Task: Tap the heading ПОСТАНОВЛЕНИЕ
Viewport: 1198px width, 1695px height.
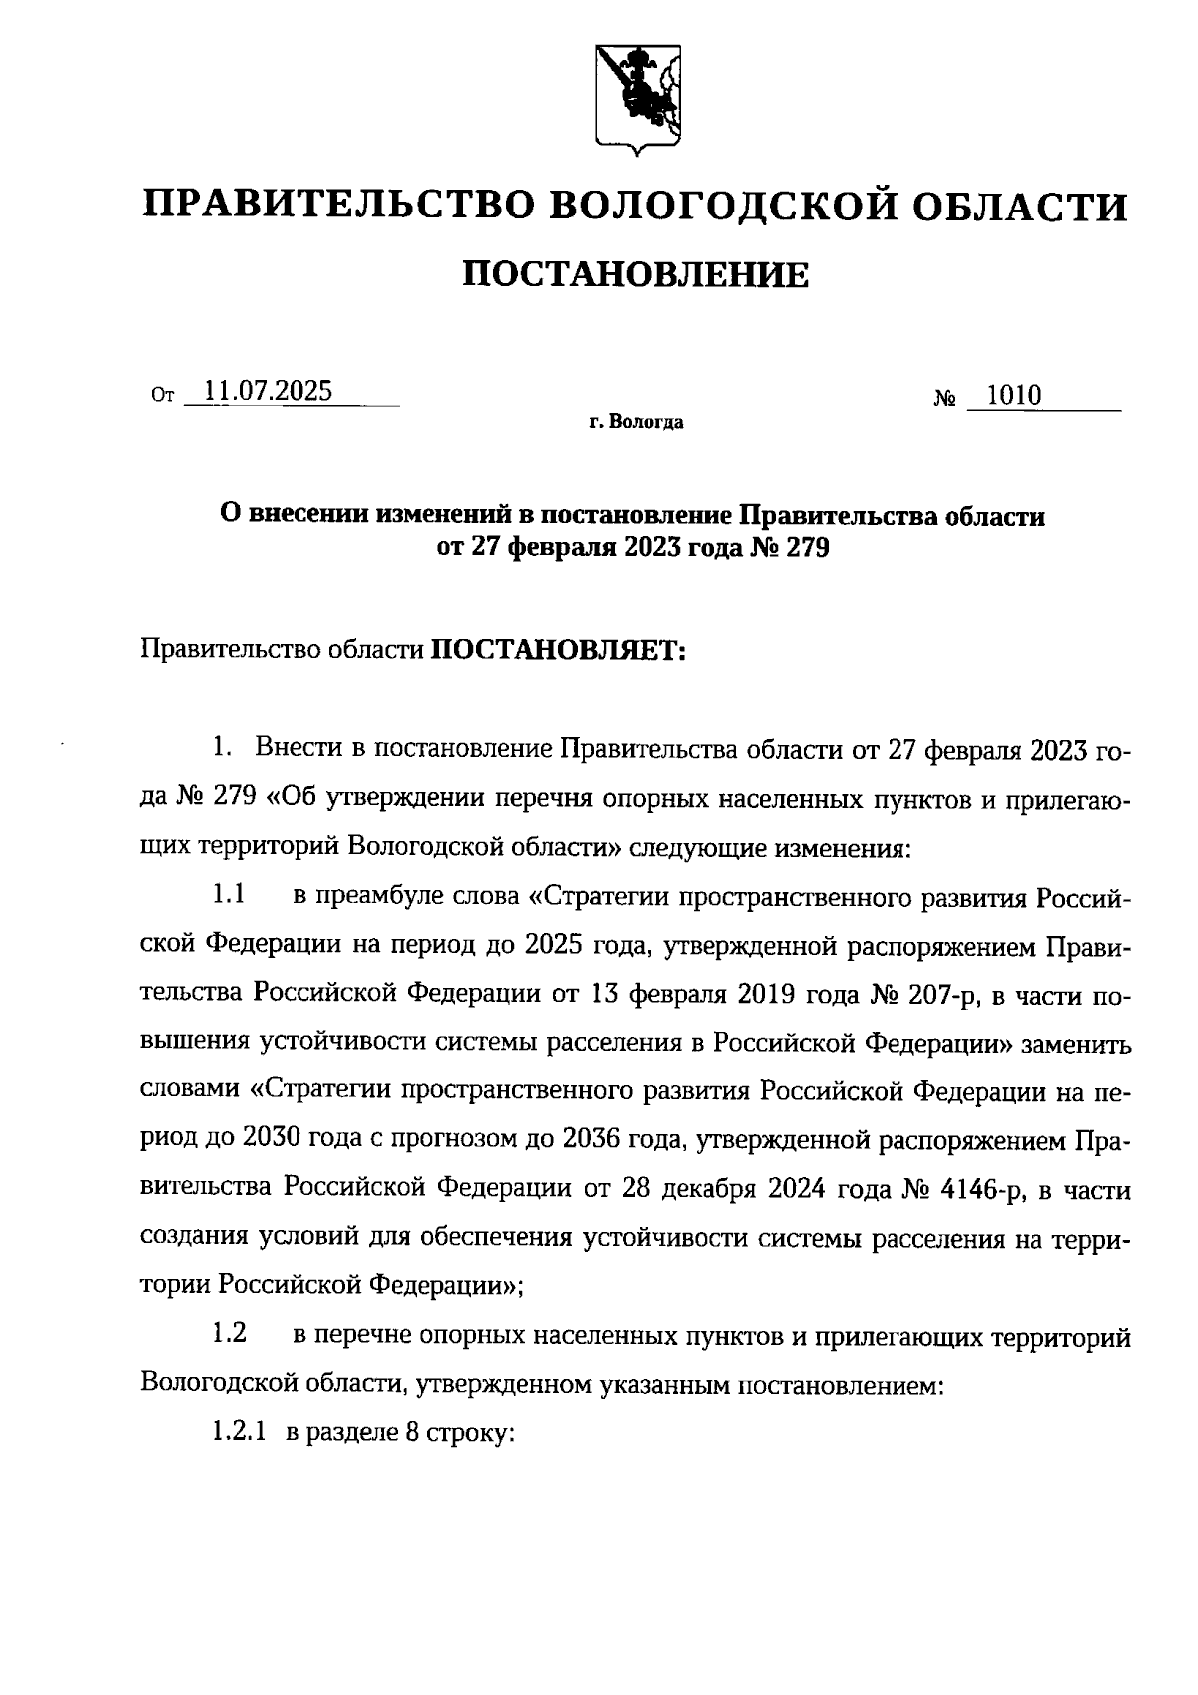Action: (636, 274)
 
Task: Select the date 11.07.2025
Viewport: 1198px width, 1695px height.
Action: (268, 391)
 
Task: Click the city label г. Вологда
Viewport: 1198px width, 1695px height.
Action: (636, 423)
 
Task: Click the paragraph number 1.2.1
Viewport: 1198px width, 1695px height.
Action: (238, 1433)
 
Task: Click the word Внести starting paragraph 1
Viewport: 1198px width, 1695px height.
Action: (302, 748)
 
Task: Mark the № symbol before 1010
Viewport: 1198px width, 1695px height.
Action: (944, 399)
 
